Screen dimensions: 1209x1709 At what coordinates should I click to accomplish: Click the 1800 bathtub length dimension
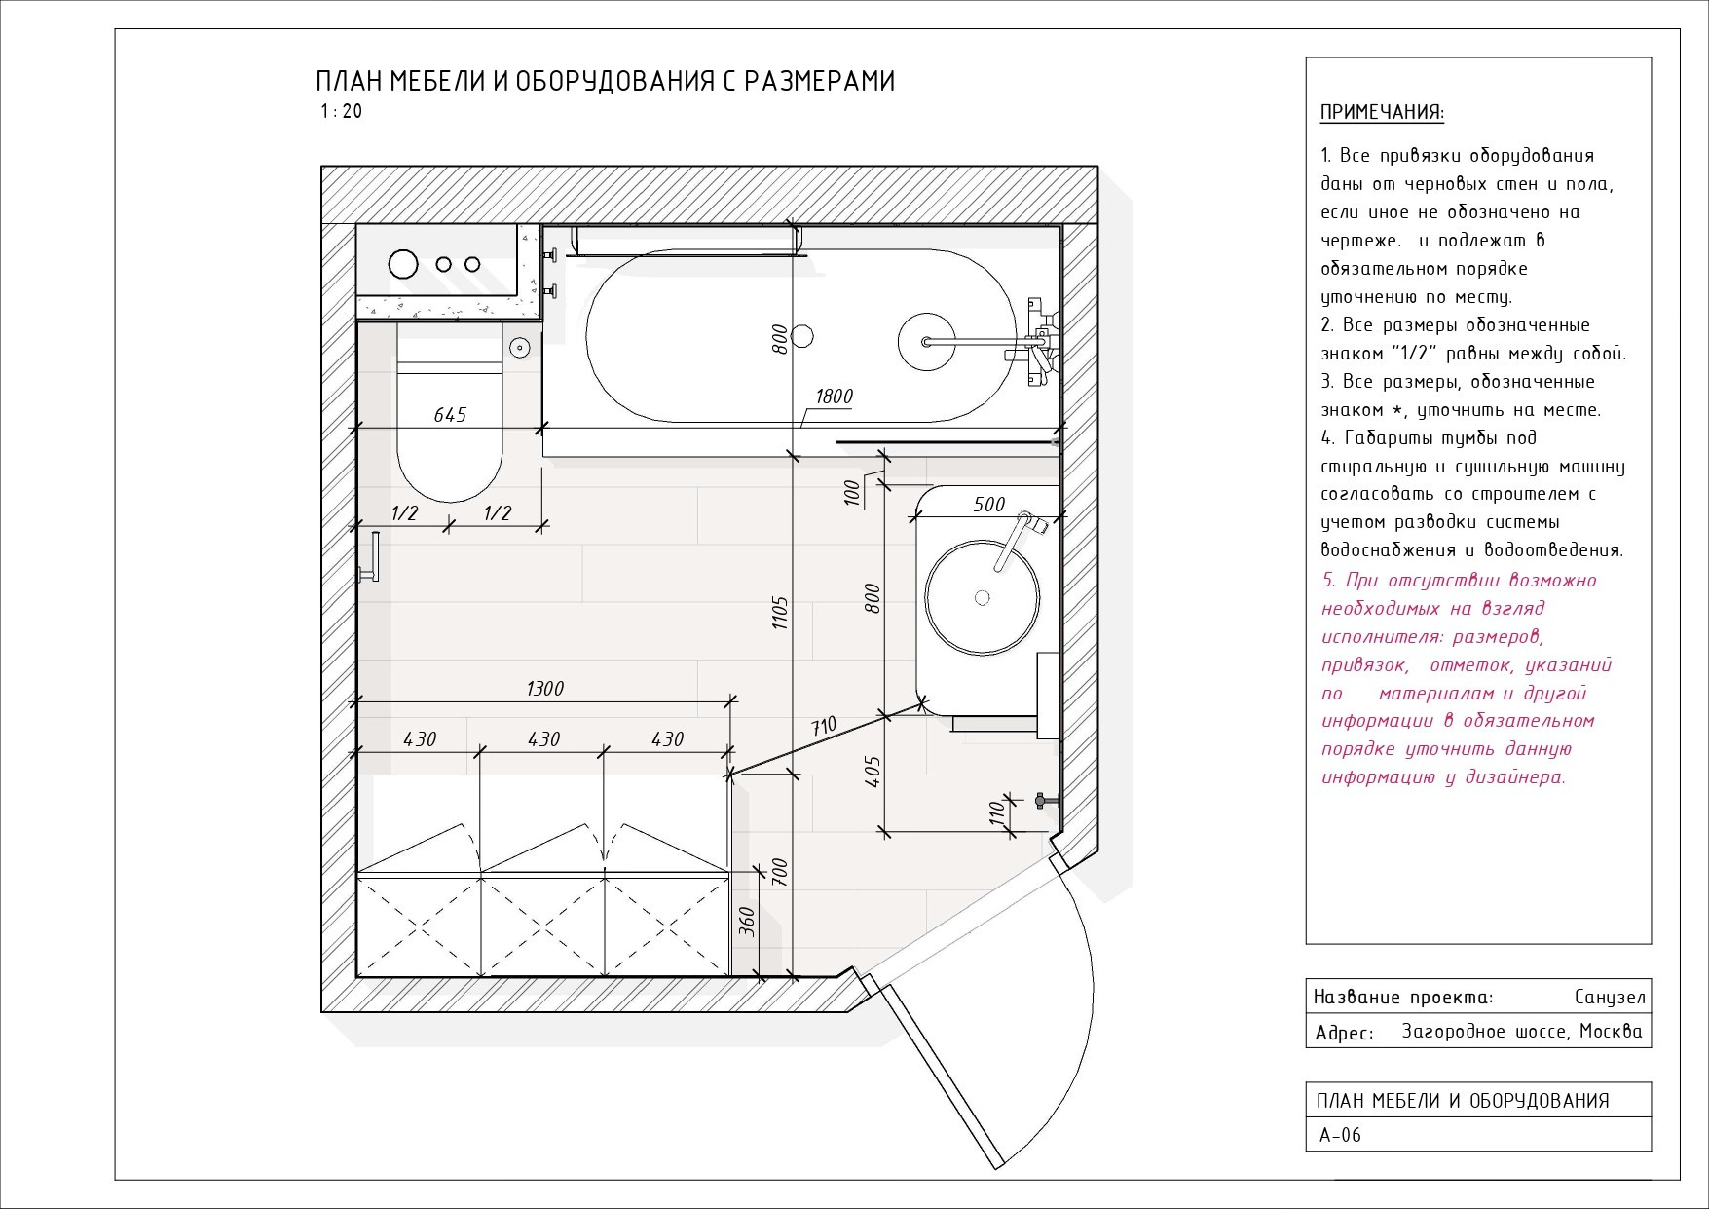[x=834, y=396]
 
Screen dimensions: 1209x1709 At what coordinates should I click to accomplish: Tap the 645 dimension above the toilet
[x=450, y=415]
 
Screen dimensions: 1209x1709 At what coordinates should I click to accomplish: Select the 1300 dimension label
[x=544, y=689]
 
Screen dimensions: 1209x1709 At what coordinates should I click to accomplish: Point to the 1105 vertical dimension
[x=780, y=613]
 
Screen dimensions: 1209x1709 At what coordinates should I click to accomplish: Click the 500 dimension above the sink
[x=988, y=505]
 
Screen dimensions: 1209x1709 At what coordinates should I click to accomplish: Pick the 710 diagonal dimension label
[x=823, y=726]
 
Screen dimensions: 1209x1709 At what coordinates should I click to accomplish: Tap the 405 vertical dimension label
[x=873, y=772]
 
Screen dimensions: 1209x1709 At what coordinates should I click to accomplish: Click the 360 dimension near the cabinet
[x=747, y=921]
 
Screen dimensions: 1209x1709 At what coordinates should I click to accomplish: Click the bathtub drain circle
[x=802, y=336]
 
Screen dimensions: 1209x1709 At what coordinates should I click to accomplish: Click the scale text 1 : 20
[x=341, y=111]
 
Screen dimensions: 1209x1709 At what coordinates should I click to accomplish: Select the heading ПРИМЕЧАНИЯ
[x=1382, y=112]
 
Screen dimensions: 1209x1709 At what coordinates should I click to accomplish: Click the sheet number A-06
[x=1340, y=1135]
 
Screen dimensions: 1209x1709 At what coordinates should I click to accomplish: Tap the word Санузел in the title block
[x=1609, y=997]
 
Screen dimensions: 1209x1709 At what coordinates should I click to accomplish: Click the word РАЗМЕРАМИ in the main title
[x=819, y=81]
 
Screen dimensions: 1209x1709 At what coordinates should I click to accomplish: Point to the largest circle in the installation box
[x=402, y=263]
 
